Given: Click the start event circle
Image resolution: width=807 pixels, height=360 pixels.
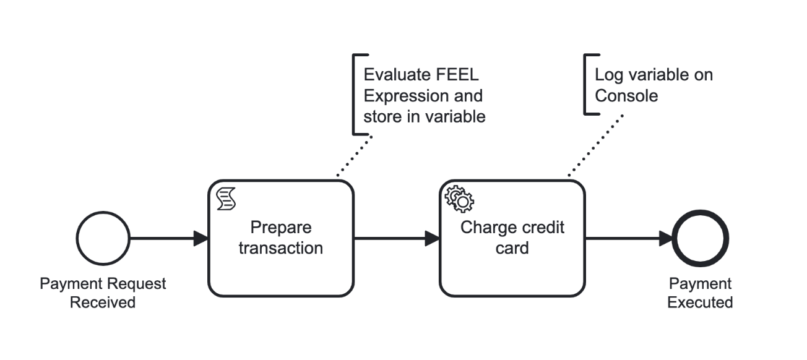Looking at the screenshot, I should pos(103,239).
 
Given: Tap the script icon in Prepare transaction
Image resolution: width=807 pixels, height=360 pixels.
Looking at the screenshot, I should pos(226,199).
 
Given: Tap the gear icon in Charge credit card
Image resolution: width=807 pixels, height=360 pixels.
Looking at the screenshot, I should pos(459,199).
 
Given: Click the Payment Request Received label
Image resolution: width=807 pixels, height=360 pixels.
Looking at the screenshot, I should pos(103,293).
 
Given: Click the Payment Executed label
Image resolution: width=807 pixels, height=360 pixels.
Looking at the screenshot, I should pos(700,293).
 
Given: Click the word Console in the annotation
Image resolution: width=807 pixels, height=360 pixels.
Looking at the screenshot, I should pos(626,96).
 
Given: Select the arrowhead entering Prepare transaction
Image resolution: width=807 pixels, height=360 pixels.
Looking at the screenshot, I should pos(201,239).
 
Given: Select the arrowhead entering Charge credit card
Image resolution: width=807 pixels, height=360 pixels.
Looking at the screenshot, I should pos(432,239).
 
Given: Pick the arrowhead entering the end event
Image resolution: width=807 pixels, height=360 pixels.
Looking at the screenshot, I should pos(665,239).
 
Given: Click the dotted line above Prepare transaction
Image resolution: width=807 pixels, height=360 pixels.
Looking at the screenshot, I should pos(355,157).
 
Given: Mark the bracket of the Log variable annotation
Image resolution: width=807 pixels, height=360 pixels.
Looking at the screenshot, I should pos(586,84).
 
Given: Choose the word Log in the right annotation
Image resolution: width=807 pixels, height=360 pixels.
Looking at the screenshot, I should pos(608,75).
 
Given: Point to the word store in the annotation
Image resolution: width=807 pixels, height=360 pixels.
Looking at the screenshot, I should pos(381,116).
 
